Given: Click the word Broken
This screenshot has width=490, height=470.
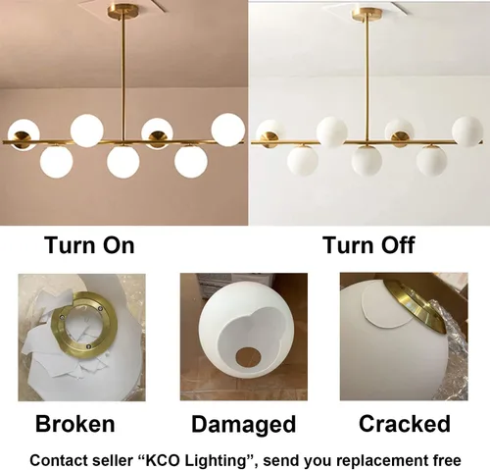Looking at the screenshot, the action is click(x=74, y=424).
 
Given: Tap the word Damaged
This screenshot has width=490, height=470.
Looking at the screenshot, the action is click(x=244, y=424).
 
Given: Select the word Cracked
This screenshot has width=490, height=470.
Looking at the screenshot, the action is click(x=405, y=424).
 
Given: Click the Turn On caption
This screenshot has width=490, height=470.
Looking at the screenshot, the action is click(x=89, y=245).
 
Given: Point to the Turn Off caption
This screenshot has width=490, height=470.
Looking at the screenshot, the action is click(x=368, y=245).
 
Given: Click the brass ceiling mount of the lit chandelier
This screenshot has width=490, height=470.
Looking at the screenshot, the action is click(x=123, y=12).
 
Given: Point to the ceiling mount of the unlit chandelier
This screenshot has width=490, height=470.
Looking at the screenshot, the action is click(x=367, y=14).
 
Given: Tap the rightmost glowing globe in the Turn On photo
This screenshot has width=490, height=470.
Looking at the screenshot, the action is click(x=227, y=130).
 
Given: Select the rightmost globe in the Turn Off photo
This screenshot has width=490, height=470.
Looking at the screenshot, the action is click(x=467, y=131).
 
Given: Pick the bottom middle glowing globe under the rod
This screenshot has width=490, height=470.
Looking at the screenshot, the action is click(x=123, y=162).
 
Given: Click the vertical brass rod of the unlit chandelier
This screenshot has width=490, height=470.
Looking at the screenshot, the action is click(x=367, y=80).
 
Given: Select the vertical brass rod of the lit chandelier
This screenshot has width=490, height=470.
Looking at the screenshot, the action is click(x=123, y=80).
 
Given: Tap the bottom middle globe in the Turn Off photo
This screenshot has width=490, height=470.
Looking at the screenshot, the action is click(x=367, y=162).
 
